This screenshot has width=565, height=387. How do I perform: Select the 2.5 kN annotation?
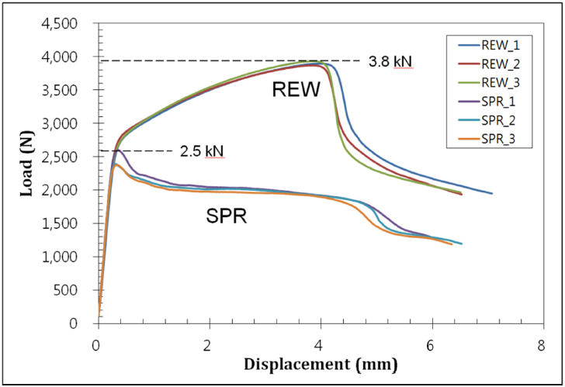tap(202, 151)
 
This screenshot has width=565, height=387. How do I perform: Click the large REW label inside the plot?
tap(296, 91)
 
